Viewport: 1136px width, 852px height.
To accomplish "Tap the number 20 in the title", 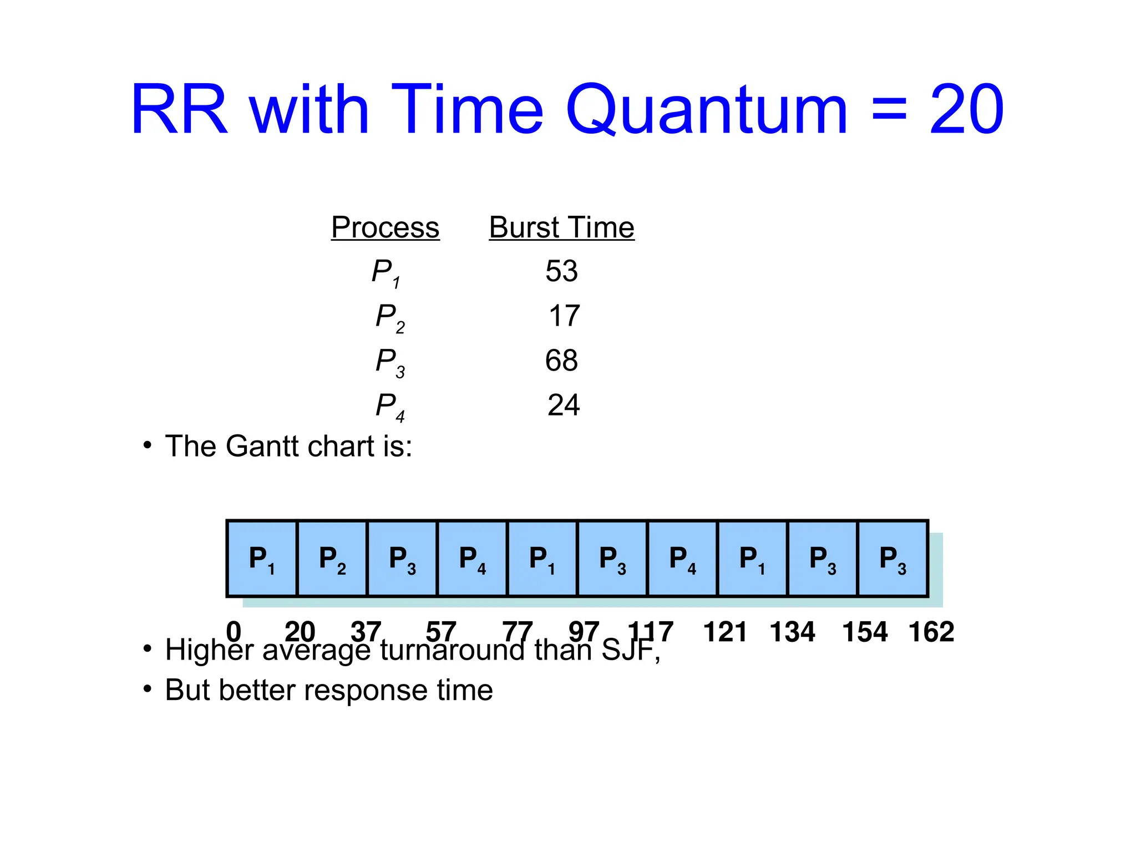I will pos(966,110).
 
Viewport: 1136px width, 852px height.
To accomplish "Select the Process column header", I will pos(385,227).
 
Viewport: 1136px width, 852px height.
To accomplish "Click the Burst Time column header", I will pos(561,227).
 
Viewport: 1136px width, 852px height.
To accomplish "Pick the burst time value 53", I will pos(561,271).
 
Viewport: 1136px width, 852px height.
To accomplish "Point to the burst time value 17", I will pos(564,316).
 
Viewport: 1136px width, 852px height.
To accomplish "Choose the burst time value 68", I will pos(561,361).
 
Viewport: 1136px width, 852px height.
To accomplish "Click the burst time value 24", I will pos(564,405).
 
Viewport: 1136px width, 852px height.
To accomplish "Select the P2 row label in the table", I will pos(389,317).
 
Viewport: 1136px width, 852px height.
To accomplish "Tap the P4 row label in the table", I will pos(389,406).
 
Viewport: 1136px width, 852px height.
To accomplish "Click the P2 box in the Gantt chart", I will pos(332,559).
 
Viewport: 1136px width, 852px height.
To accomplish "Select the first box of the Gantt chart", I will pos(262,559).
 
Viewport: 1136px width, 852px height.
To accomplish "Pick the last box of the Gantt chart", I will pos(892,559).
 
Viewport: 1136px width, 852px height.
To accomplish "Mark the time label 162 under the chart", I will pos(931,632).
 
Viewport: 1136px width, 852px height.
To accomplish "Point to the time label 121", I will pos(725,632).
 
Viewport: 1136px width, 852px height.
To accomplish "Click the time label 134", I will pos(792,632).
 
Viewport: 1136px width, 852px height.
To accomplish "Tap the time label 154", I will pos(865,632).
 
